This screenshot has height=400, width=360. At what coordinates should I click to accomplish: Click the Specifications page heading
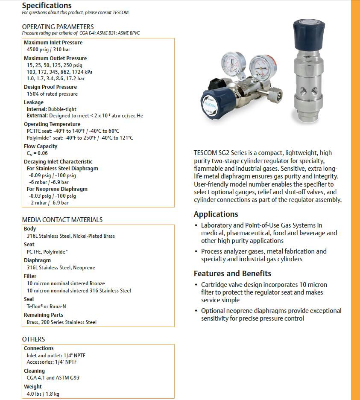click(47, 6)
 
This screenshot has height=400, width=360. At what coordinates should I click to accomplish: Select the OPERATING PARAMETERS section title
click(58, 26)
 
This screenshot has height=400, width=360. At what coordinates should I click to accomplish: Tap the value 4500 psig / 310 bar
click(48, 50)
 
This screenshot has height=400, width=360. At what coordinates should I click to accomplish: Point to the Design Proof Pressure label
click(50, 87)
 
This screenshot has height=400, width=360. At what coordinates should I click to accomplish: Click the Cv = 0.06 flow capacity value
click(37, 153)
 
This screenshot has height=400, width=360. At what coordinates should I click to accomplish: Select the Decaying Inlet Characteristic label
click(58, 162)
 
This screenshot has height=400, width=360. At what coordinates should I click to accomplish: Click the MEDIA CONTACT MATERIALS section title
click(62, 219)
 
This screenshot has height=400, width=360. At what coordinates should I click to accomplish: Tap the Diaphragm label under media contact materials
click(37, 260)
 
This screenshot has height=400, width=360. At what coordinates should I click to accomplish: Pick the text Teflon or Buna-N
click(46, 307)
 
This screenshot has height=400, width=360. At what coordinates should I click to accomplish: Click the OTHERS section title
click(33, 339)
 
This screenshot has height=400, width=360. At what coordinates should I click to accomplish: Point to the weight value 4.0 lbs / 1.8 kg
click(43, 394)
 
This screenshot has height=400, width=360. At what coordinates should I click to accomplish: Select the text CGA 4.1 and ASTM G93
click(53, 378)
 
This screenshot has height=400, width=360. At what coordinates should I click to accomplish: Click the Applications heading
click(216, 214)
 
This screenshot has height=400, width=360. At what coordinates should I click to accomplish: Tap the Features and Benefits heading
click(232, 274)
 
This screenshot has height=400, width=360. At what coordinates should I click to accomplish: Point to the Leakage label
click(34, 102)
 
